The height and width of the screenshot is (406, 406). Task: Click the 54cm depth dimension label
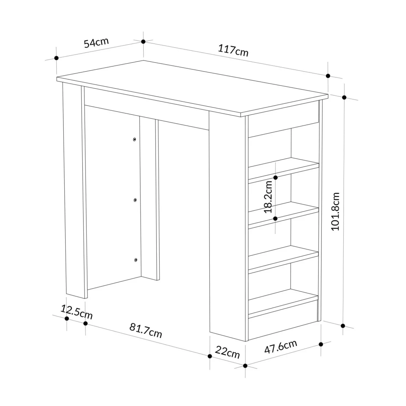click(96, 43)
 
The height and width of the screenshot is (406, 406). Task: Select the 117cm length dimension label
click(233, 51)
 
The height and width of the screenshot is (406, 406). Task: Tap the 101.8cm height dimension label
click(335, 211)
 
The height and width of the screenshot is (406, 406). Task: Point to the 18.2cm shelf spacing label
click(268, 197)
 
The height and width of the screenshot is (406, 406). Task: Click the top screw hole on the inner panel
click(135, 139)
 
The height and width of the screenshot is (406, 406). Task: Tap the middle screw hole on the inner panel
click(135, 200)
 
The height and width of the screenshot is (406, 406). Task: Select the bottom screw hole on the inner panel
click(136, 260)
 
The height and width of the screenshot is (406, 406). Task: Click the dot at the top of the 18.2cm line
click(275, 178)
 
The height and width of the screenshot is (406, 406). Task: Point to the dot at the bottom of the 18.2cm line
click(275, 219)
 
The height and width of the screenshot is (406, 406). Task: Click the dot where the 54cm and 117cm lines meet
click(143, 41)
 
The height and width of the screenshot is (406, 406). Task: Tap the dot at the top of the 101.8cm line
click(344, 97)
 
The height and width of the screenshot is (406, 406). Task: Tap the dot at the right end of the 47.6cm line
click(321, 344)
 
